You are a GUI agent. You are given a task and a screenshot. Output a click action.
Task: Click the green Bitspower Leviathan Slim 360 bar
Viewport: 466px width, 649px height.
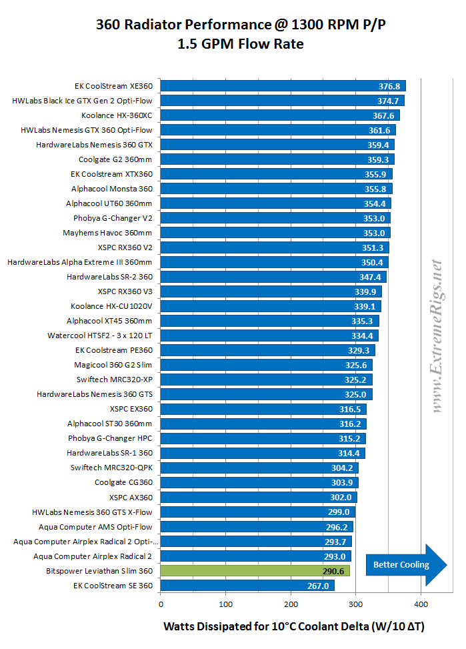click(255, 571)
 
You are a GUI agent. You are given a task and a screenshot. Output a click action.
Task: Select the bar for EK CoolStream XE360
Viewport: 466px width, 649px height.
click(283, 86)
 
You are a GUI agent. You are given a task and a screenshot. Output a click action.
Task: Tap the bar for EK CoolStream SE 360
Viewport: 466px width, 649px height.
click(247, 586)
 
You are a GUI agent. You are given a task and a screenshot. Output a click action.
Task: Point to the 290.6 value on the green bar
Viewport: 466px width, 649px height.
click(334, 571)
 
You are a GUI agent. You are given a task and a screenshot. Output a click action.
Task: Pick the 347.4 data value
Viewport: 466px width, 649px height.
click(371, 277)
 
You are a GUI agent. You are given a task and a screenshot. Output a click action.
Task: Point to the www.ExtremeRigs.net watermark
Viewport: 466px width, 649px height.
click(437, 337)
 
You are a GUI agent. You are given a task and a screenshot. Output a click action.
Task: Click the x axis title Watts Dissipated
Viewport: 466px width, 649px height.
click(293, 626)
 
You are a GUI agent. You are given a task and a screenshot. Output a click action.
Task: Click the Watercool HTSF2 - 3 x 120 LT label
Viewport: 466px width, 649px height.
click(100, 336)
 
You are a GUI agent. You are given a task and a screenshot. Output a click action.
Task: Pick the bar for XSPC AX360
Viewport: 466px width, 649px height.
click(259, 498)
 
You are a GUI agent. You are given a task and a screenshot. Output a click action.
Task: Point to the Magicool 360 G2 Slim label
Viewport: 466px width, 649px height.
click(113, 365)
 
